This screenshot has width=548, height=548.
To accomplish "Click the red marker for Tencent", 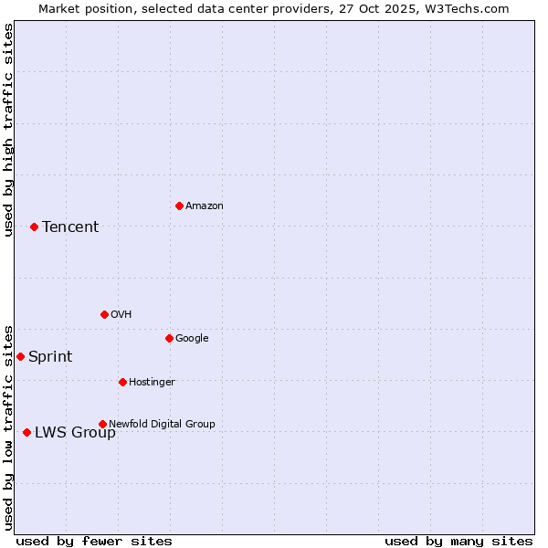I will click(34, 227).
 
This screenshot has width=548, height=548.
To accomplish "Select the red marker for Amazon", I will click(179, 205).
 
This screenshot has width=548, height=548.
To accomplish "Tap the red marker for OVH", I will click(104, 314).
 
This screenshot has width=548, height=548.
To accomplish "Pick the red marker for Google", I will click(169, 338).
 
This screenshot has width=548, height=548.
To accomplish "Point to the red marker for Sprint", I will click(20, 356).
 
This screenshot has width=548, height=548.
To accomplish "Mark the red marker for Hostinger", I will click(122, 382).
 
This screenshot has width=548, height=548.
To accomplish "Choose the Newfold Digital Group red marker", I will click(102, 424).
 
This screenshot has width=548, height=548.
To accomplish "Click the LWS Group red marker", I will click(26, 432).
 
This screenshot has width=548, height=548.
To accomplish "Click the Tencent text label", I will click(70, 227).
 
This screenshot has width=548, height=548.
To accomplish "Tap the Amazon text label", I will click(205, 206).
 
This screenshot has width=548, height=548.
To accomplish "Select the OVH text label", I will click(121, 315).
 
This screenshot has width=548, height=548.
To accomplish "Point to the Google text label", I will click(192, 339).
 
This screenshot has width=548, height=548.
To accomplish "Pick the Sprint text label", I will click(50, 357).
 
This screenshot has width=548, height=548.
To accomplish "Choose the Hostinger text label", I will click(152, 383).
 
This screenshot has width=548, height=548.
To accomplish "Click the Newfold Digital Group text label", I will click(162, 425).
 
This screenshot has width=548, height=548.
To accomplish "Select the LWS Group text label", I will click(75, 433).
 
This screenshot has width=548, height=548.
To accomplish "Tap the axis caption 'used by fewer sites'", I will click(94, 541).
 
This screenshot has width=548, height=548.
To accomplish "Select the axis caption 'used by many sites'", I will click(458, 541).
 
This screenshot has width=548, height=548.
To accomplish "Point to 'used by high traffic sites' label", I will click(9, 130).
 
